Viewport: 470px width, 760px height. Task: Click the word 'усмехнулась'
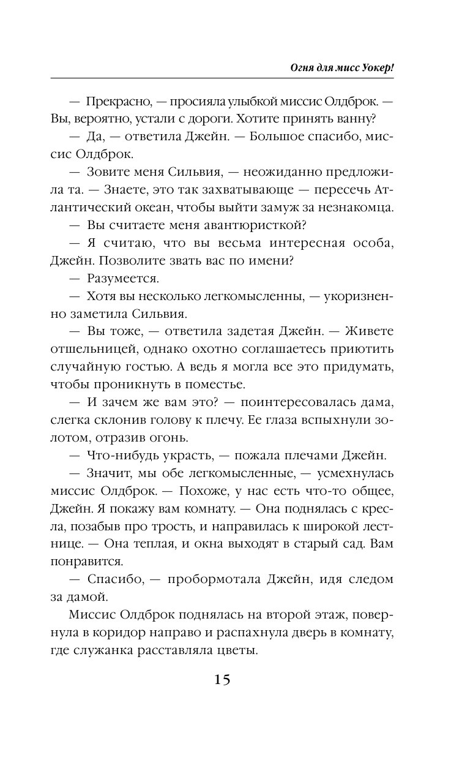[x=349, y=474]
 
